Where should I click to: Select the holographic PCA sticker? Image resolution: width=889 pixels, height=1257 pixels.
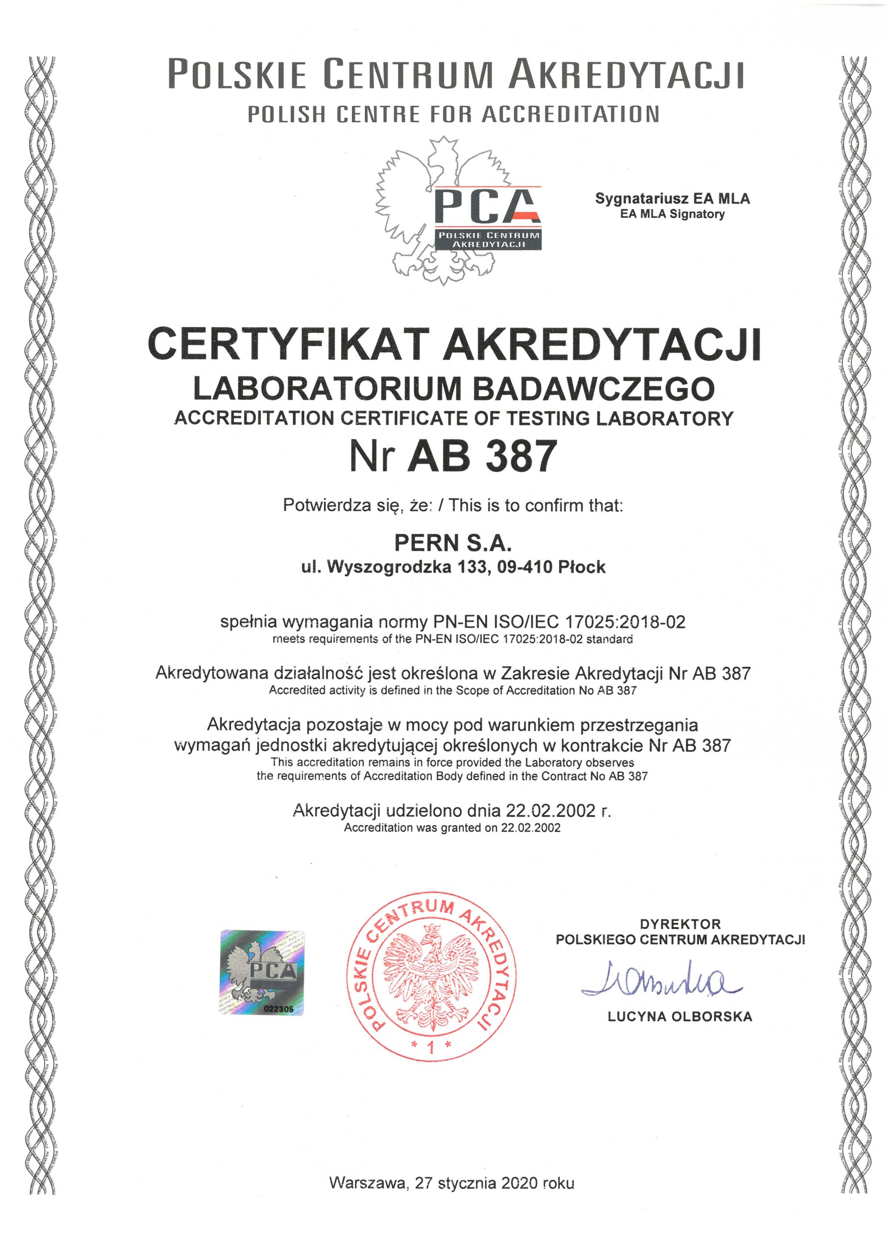coord(262,973)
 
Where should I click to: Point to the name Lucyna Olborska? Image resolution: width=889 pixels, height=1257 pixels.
coord(680,1017)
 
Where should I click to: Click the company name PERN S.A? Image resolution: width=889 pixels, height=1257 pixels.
coord(453,543)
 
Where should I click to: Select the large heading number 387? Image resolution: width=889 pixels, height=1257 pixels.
coord(522,456)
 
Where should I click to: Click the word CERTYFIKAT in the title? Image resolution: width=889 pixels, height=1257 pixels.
coord(289,344)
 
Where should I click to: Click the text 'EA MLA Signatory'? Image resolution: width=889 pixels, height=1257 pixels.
coord(672,214)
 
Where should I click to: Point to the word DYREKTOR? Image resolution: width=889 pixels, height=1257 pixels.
coord(680,924)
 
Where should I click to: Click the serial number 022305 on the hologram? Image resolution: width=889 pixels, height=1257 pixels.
coord(279,1009)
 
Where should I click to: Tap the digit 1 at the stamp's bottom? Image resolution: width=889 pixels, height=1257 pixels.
coord(432,1047)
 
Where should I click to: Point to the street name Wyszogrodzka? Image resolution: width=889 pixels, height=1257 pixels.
coord(389,567)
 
